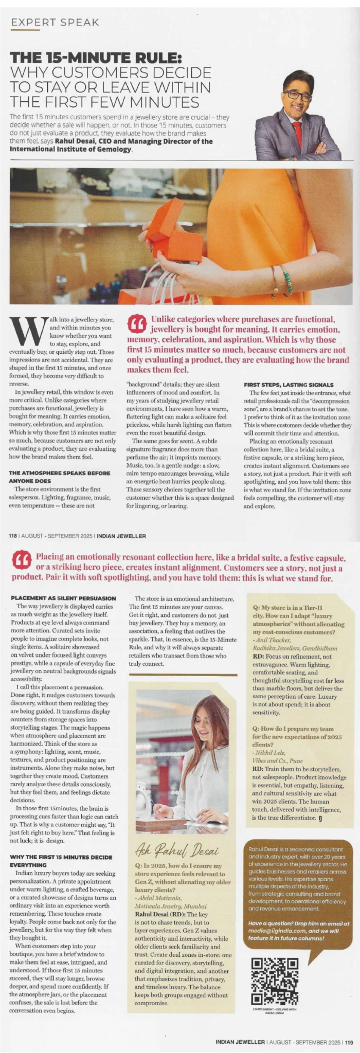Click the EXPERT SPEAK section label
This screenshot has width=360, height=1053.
pos(55,22)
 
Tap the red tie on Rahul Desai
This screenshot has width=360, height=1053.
pos(297,134)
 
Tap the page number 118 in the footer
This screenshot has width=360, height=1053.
pos(14,536)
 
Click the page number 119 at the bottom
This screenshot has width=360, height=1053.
pos(349,1042)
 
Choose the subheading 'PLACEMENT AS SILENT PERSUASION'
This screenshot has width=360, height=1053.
pos(63,598)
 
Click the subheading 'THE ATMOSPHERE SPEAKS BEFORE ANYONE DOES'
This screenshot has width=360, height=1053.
pos(59,476)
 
